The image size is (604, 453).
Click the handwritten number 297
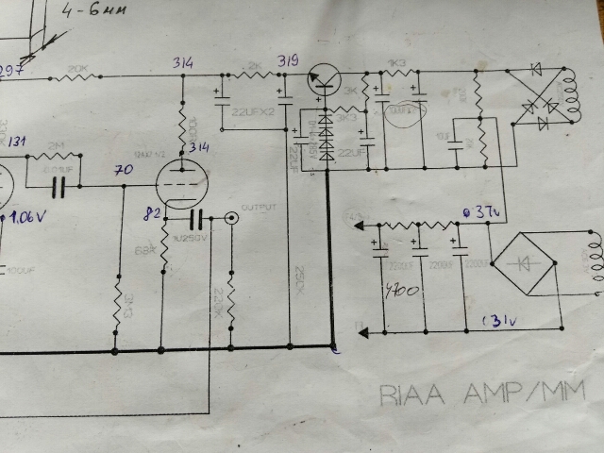[11, 72]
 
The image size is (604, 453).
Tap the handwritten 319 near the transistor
[287, 61]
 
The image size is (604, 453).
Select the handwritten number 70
[122, 172]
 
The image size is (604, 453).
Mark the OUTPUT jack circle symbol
[229, 219]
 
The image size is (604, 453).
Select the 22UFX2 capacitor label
[252, 111]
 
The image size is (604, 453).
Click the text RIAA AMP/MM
[481, 393]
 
